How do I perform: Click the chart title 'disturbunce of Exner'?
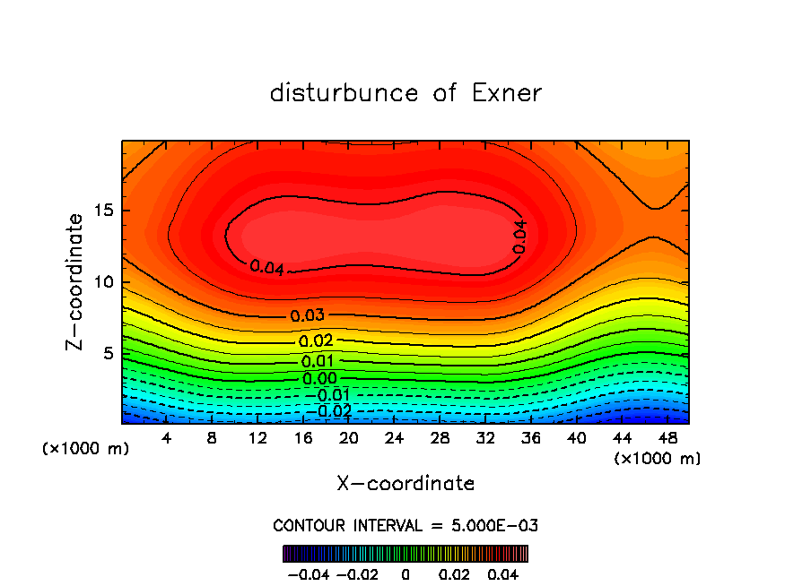tap(405, 93)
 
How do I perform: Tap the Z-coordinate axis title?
tap(76, 281)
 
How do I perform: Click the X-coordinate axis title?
tap(405, 483)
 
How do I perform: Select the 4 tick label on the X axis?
tap(167, 438)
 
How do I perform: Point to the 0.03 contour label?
tap(307, 315)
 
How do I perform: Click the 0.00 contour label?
tap(319, 378)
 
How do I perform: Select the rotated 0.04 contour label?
tap(519, 236)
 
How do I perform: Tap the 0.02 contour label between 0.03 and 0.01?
tap(316, 340)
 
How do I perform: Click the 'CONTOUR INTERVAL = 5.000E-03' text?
tap(405, 525)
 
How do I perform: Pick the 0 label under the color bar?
tap(405, 573)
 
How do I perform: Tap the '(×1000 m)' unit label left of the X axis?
tap(86, 449)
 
